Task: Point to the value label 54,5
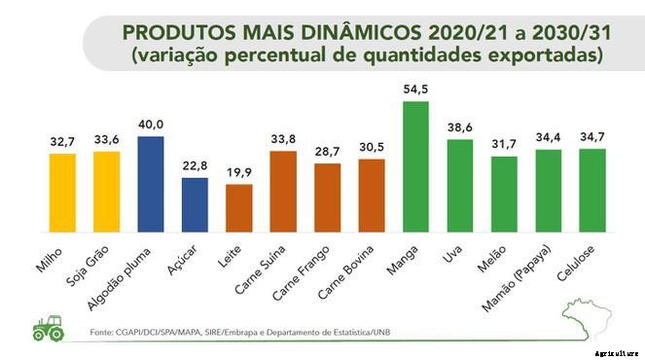pos(415,90)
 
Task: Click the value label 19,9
pos(238,172)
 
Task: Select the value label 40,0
pos(151,124)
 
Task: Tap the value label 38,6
pos(459,127)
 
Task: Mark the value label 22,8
pos(195,165)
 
